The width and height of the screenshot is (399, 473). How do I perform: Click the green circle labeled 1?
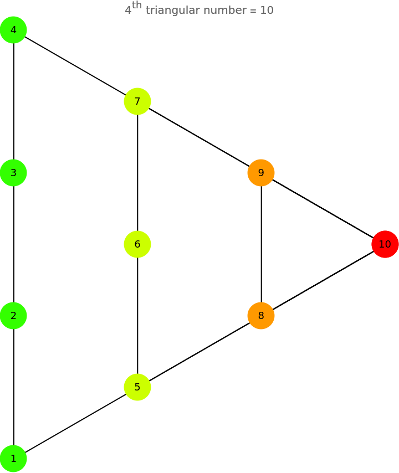[x=13, y=459]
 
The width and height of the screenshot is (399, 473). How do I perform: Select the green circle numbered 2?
[x=13, y=316]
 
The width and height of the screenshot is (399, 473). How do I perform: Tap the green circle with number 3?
[x=13, y=173]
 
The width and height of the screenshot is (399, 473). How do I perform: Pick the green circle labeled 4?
[x=13, y=30]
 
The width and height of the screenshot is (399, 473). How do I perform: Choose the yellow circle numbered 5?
[x=137, y=387]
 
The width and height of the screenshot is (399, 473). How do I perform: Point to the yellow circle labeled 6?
[x=137, y=244]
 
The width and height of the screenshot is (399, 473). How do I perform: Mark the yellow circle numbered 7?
[x=137, y=101]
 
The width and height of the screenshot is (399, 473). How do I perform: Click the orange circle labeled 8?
[x=261, y=316]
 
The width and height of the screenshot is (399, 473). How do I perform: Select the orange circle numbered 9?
[x=261, y=173]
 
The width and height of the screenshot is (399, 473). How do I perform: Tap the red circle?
[x=385, y=244]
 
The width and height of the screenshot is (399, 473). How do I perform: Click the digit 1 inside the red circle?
[x=381, y=244]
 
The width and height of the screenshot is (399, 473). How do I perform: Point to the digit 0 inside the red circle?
[x=388, y=244]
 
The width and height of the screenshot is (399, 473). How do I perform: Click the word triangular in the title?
[x=172, y=11]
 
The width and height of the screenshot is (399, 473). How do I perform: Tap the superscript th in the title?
[x=137, y=6]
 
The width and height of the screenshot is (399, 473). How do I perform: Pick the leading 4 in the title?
[x=128, y=11]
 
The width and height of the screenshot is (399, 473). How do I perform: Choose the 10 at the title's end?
[x=267, y=11]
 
